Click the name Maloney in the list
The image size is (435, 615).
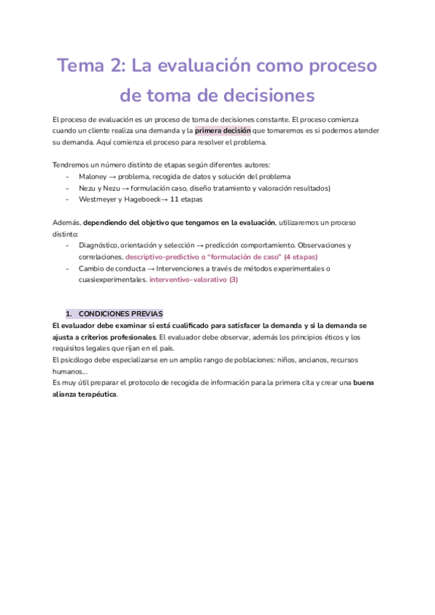pos(94,176)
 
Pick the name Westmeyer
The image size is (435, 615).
pos(99,199)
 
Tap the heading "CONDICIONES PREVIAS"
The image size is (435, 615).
pos(120,314)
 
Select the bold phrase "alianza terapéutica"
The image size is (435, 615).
pos(84,395)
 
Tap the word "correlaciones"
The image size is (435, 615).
pos(100,257)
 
